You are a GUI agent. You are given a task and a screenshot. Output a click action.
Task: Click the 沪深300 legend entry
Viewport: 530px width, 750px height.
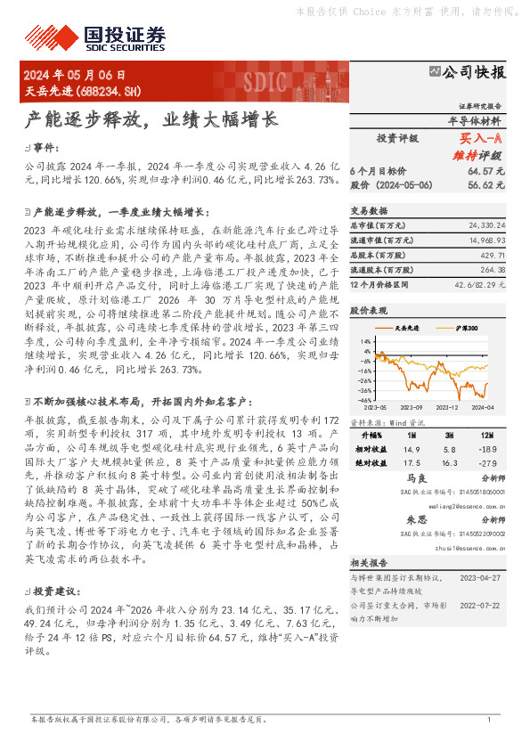pos(461,328)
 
